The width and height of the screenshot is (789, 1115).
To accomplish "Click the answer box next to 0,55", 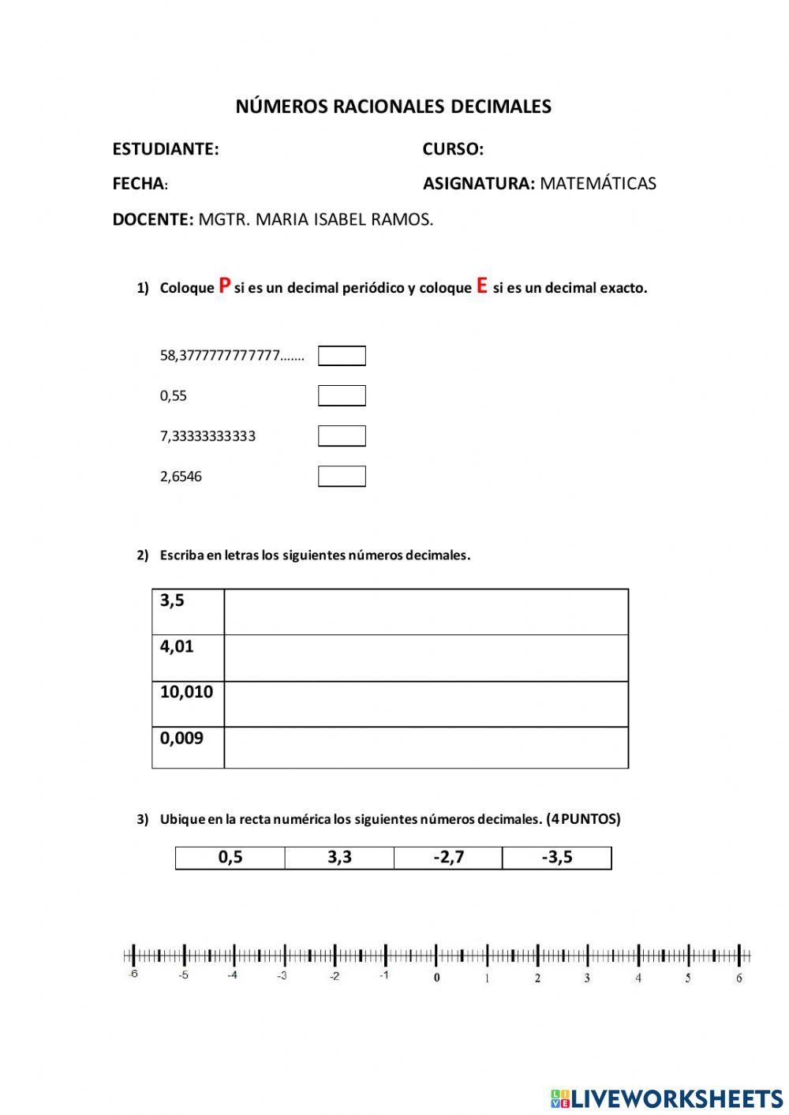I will pos(342,395).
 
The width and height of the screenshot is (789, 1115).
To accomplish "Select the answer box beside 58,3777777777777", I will pos(342,356).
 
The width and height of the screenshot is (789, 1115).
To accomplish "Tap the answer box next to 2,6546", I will pos(342,476).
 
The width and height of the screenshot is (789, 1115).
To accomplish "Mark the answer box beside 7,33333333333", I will pos(342,436).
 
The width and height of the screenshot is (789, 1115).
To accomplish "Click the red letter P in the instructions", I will pos(225,286).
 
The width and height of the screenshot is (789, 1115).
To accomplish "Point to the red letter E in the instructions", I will pos(481,286).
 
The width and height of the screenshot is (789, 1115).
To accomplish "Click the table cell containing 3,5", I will pos(188,612).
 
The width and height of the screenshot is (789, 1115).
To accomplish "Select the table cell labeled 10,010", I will pos(188,703).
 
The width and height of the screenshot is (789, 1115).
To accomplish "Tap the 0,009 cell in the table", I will pos(188,746).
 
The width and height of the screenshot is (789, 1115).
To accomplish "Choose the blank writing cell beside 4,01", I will pos(426,658).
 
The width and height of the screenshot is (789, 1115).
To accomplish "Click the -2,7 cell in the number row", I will pos(448,858).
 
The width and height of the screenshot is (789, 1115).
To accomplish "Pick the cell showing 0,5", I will pos(230,858).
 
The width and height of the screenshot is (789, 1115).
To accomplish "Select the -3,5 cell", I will pos(557,858).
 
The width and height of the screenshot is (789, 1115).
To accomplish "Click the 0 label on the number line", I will pos(437,978).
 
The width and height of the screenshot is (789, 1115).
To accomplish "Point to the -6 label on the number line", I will pos(133,975).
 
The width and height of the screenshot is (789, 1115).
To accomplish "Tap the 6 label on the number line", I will pos(739,978).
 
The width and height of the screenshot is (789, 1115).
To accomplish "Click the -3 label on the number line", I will pos(282,976).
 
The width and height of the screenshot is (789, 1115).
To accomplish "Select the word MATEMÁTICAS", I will pos(597,184).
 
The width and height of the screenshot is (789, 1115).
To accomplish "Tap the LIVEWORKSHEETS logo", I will pos(667,1098).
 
